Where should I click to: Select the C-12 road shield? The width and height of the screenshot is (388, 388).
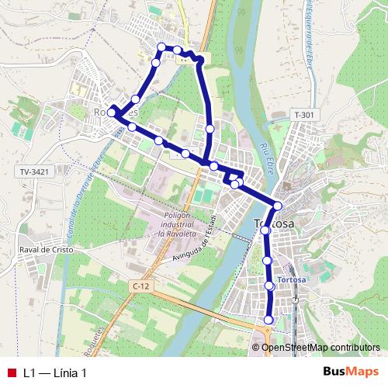point(140,286)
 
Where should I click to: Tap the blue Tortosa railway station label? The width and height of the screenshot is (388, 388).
point(285,279)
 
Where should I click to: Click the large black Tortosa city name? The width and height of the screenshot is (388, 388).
point(274,224)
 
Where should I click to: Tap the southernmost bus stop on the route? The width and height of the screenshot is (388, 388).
point(269,320)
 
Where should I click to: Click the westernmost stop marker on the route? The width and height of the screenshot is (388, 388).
point(111,113)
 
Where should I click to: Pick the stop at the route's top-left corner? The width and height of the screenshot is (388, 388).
point(161,47)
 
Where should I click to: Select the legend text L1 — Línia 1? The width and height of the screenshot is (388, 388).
point(54,372)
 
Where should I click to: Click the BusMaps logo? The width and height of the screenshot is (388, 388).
point(350,372)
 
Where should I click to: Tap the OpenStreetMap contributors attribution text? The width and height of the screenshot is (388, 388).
point(320,347)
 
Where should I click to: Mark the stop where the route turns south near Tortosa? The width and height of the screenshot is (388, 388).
point(277,206)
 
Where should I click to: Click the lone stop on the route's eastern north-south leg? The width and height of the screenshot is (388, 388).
point(210,128)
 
